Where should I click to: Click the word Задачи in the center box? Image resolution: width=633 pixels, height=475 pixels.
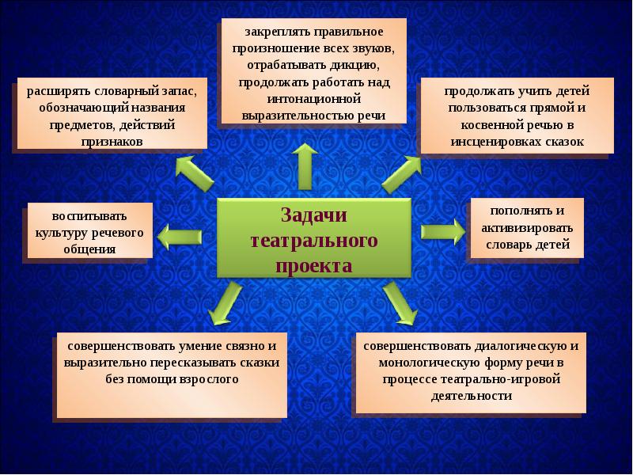[x=314, y=215]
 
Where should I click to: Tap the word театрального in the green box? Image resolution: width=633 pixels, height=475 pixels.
[x=314, y=240]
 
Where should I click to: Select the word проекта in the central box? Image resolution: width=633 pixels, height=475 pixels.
[x=314, y=264]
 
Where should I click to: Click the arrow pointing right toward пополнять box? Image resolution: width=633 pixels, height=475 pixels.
[x=442, y=230]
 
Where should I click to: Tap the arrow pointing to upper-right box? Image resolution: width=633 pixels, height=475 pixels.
[x=403, y=172]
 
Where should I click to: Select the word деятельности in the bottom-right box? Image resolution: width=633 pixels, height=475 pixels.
[x=472, y=396]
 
